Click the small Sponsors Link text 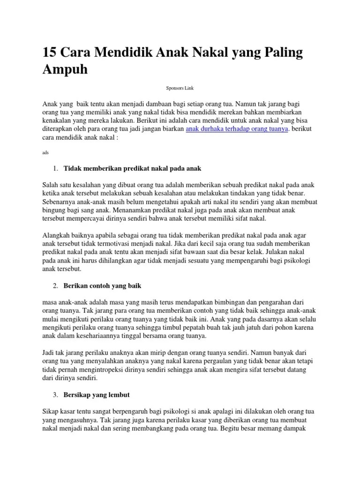tap(180, 88)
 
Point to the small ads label tap(45, 152)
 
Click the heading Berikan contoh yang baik tap(102, 285)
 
